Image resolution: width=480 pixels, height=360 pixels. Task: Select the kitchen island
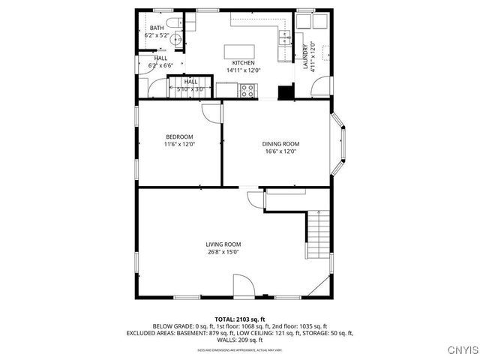241,51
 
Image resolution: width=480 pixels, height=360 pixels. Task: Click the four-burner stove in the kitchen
247,91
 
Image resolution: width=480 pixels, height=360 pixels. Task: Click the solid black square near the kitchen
284,92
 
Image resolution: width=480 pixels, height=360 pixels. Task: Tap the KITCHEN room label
243,63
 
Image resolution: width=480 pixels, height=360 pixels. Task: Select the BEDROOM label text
179,136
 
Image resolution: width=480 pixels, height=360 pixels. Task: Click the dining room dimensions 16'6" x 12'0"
280,151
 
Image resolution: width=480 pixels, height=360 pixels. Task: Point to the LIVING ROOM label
223,244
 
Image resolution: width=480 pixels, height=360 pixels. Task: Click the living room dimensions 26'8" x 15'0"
223,252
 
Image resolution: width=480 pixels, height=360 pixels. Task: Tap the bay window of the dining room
339,144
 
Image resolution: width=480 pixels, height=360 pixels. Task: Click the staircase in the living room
319,232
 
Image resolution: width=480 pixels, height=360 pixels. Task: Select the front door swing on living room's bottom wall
242,286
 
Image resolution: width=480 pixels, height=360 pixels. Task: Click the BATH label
156,28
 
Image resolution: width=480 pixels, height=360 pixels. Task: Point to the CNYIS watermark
460,349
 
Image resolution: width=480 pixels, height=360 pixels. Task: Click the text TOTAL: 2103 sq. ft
239,319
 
